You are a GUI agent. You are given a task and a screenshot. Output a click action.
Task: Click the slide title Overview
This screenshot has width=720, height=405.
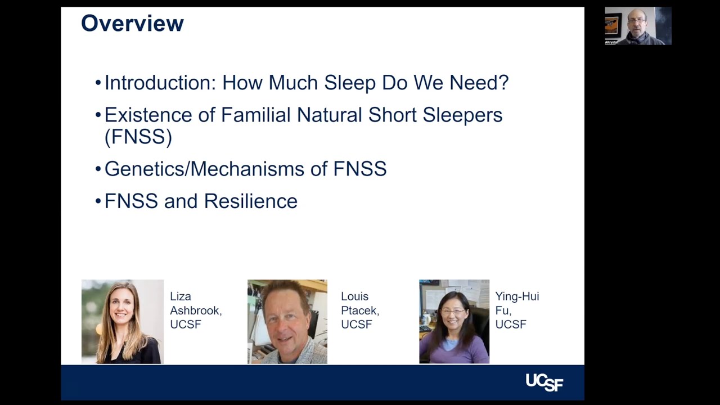[132, 24]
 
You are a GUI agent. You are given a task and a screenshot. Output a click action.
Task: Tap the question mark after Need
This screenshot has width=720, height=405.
[503, 83]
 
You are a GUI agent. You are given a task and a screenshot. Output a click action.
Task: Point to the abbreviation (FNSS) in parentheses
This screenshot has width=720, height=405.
[138, 137]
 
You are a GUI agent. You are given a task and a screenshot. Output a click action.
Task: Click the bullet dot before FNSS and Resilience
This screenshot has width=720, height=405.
[98, 201]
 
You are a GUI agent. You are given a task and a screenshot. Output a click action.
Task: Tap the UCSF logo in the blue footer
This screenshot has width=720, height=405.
[544, 382]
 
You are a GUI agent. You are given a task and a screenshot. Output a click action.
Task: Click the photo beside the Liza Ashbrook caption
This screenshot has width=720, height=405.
[123, 321]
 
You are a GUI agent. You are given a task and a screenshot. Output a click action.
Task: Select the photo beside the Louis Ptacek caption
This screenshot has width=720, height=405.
[287, 321]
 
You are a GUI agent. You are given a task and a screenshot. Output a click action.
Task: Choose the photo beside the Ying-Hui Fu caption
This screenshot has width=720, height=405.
[454, 321]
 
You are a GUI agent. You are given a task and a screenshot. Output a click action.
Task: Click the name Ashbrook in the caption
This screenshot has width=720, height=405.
[195, 310]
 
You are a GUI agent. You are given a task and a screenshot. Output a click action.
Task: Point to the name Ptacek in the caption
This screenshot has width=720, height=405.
[359, 310]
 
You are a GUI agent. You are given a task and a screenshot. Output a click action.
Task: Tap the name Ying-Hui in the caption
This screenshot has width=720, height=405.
[516, 296]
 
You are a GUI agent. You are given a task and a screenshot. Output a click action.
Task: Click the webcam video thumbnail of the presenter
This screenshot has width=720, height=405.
[638, 26]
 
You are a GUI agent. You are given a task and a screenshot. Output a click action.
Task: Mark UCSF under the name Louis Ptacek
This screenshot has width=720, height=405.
[356, 325]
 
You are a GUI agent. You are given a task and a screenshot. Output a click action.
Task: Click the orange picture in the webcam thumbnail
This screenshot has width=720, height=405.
[612, 25]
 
